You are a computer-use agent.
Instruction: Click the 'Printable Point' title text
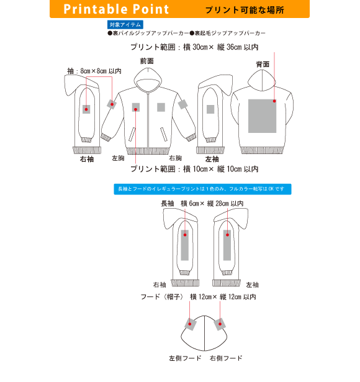click(x=116, y=9)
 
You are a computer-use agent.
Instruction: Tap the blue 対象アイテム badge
click(x=125, y=25)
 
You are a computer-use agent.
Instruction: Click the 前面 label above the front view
click(x=147, y=61)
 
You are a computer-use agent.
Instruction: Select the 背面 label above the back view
click(x=263, y=64)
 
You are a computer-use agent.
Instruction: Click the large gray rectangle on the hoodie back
click(x=262, y=116)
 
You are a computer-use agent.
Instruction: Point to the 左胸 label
click(x=118, y=158)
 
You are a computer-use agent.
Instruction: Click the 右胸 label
click(x=176, y=158)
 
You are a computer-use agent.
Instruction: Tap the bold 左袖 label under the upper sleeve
click(x=212, y=159)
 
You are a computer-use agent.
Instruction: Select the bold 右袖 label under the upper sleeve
click(x=87, y=159)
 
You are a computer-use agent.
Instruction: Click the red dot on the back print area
click(x=274, y=101)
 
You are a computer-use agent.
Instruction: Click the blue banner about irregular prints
click(x=202, y=189)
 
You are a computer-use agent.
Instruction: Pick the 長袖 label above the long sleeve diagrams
click(x=168, y=204)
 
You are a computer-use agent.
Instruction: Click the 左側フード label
click(x=185, y=358)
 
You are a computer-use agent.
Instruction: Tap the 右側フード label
click(x=226, y=358)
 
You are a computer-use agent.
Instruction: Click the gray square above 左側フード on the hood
click(x=191, y=324)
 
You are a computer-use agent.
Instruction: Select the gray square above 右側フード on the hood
click(x=220, y=324)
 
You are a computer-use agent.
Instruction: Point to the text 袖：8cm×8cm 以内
click(x=94, y=71)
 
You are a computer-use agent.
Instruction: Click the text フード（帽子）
click(x=162, y=297)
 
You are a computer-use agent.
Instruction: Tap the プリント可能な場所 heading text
click(x=245, y=10)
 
